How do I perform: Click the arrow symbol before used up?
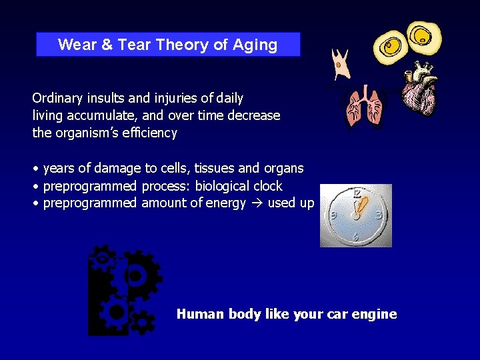click(257, 203)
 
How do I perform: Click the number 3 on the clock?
click(379, 215)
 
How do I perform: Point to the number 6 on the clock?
click(356, 237)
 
